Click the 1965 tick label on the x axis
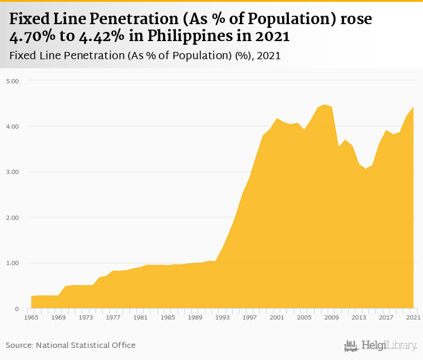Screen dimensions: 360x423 coord(31,317)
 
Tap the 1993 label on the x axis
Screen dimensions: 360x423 coord(222,317)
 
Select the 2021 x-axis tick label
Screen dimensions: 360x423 coord(413,317)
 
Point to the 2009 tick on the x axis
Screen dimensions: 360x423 coord(332,317)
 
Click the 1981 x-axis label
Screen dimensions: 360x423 coord(140,317)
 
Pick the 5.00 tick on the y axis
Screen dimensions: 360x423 coord(13,81)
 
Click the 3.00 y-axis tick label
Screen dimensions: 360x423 coord(13,172)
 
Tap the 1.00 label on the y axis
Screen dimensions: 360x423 coord(13,263)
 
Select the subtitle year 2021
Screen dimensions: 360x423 coord(268,56)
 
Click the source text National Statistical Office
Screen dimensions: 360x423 coord(86,345)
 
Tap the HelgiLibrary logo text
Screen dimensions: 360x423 coord(389,346)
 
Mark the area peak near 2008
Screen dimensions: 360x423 coord(325,104)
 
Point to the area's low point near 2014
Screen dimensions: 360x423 coord(366,169)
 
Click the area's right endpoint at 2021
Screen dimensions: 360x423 coord(413,107)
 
